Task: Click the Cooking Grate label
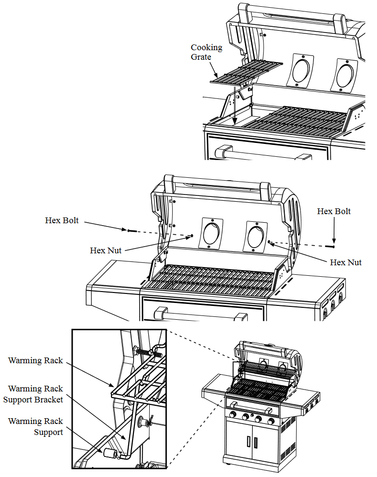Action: (x=207, y=52)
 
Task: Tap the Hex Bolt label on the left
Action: (x=62, y=220)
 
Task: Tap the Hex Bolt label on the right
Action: (x=334, y=211)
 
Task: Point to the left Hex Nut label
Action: (x=106, y=250)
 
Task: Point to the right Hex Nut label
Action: (x=346, y=262)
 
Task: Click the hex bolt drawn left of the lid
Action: (x=132, y=231)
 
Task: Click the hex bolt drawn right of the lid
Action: (x=329, y=246)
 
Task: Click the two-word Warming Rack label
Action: (x=35, y=360)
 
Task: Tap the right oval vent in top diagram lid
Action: (x=345, y=74)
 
